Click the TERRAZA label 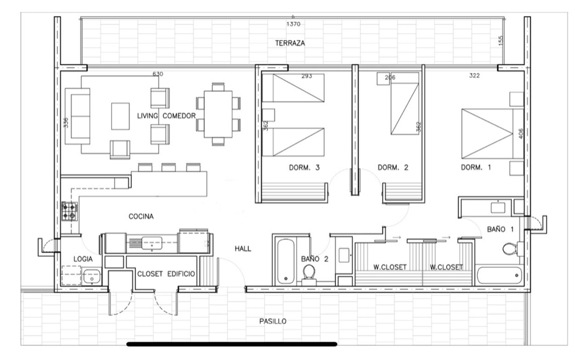tap(290, 43)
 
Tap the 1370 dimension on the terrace tap(293, 24)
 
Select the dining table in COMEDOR tap(218, 114)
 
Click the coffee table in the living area tap(120, 116)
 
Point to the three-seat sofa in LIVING tap(78, 116)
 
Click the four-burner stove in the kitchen tap(70, 211)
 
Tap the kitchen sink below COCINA tap(152, 243)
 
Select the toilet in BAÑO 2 tap(309, 272)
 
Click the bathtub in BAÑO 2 tap(286, 261)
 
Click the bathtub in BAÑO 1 tap(499, 275)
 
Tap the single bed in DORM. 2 tap(405, 103)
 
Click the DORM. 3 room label tap(304, 167)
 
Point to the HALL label tap(243, 248)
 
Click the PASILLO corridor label tap(273, 321)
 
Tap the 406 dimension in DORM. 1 tap(521, 134)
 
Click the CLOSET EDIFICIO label tap(166, 274)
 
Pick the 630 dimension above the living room tap(157, 74)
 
